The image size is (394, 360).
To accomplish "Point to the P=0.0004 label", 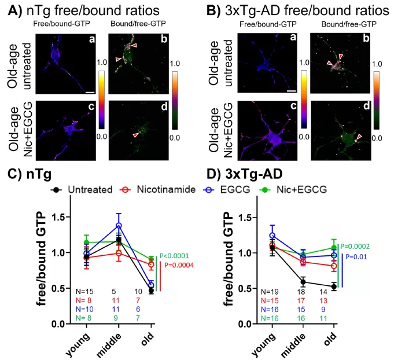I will [179, 266].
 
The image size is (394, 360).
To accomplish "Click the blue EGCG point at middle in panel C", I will [119, 226].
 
